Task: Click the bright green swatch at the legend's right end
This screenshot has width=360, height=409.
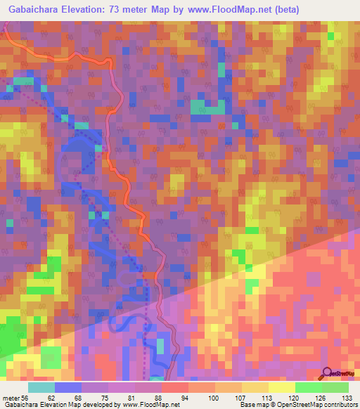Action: click(335, 387)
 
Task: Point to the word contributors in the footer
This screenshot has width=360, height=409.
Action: click(338, 404)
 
